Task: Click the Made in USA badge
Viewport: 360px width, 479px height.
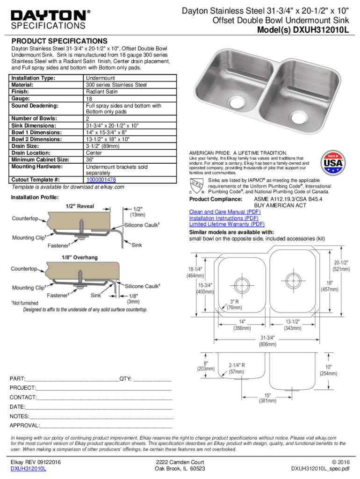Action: tap(332, 163)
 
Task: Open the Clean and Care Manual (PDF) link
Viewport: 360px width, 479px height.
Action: tap(225, 212)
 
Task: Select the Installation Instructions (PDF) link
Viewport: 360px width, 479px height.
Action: tap(223, 218)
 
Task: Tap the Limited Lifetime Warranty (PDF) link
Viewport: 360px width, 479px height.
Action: tap(227, 224)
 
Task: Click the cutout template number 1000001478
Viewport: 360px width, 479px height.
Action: tap(101, 180)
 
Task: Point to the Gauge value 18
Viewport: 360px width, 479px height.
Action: tap(89, 99)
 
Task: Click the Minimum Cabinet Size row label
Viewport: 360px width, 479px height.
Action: tap(40, 160)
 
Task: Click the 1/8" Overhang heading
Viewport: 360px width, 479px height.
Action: tap(79, 257)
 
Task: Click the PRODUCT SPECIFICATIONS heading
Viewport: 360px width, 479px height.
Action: tap(59, 41)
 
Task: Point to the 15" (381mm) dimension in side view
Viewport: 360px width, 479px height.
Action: tap(268, 398)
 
